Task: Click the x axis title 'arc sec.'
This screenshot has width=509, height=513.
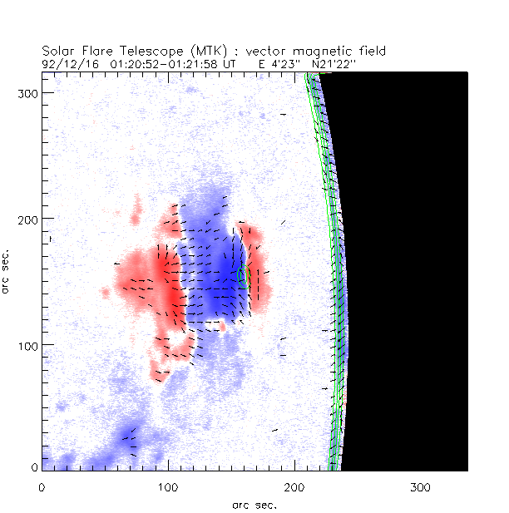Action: coord(254,505)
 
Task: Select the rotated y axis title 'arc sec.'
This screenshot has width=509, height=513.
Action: coord(7,270)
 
